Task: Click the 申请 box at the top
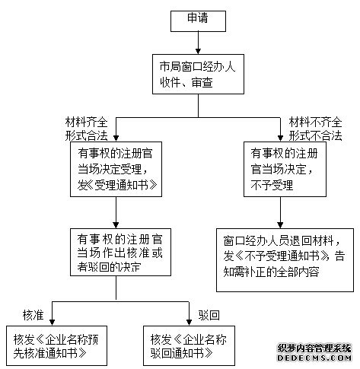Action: click(199, 21)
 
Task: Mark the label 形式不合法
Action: click(314, 135)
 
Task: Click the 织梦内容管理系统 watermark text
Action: click(314, 348)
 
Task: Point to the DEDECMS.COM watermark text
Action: click(314, 357)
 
